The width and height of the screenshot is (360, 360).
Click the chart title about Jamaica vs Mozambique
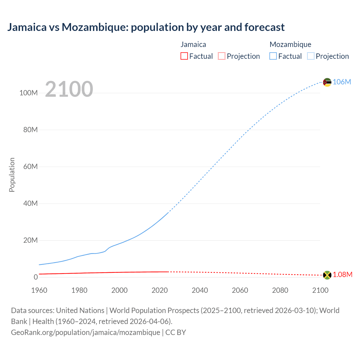coord(146,27)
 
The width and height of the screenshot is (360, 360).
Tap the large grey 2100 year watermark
coord(69,89)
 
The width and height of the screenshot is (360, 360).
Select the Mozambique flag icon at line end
coord(327,82)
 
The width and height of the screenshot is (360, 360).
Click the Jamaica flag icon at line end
coord(327,275)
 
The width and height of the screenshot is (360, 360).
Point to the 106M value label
coord(342,82)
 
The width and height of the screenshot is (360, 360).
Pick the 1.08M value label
coord(342,275)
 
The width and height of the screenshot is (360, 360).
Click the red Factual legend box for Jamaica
coord(184,56)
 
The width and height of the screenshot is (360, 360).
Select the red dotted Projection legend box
coord(222,56)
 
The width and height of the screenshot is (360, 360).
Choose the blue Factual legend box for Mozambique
coord(273,56)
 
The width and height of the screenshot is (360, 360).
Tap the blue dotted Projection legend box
coord(311,56)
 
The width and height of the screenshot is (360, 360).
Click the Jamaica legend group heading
coord(193,44)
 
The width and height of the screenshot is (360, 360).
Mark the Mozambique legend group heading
coord(290,44)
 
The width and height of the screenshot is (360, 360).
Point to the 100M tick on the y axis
coord(28,93)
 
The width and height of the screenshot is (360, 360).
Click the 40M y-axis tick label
coord(30,203)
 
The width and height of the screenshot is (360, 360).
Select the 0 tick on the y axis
coord(36,277)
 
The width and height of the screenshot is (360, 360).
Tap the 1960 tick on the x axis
coord(39,290)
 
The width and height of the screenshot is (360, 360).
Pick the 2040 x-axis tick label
coord(200,290)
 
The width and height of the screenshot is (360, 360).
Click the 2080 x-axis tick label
coord(280,290)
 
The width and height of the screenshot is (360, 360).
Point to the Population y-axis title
coord(12,175)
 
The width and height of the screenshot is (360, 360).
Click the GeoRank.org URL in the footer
coord(85,332)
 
